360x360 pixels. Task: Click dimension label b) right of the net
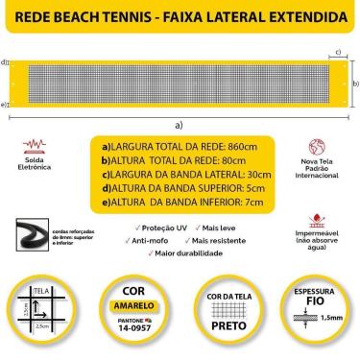click(x=355, y=84)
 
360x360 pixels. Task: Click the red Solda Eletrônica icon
click(x=33, y=148)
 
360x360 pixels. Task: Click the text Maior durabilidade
click(x=188, y=252)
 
